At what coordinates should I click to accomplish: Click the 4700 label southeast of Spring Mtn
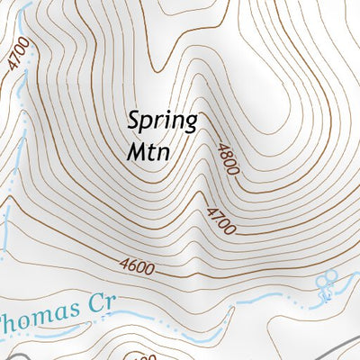[x=220, y=220]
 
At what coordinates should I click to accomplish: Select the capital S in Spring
[x=135, y=119]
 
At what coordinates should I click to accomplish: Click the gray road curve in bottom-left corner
[x=5, y=355]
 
